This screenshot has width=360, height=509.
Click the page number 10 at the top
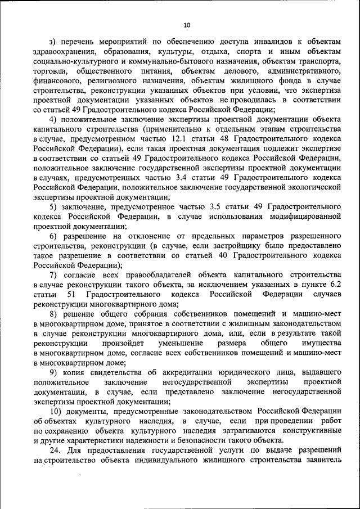(187, 25)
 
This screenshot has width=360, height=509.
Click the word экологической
(315, 187)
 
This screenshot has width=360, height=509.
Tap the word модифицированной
(304, 217)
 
